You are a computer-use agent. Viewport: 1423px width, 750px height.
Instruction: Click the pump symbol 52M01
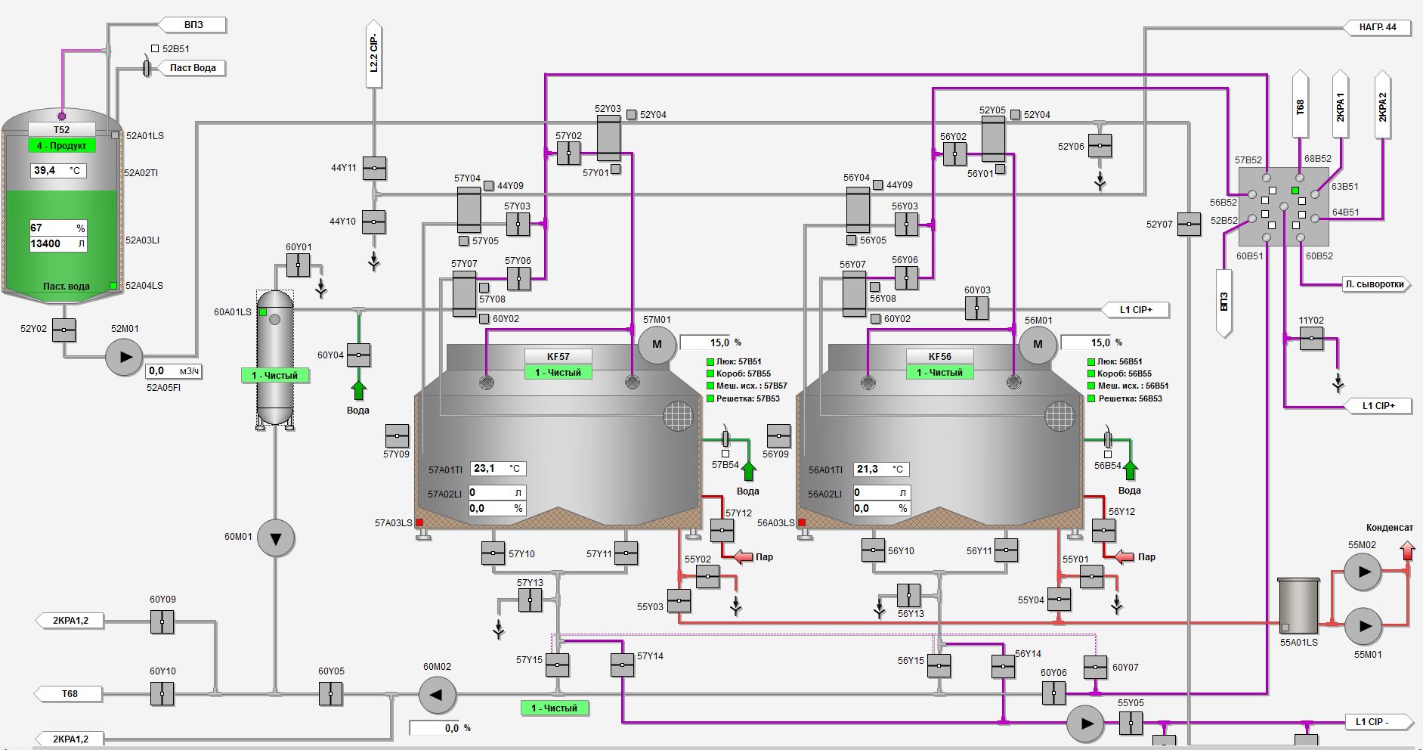(x=124, y=357)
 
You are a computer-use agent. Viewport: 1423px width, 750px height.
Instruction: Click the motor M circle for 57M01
(x=657, y=345)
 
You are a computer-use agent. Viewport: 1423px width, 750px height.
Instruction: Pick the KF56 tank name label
(x=939, y=356)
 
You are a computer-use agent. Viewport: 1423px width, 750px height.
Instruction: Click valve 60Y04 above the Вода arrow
(x=358, y=355)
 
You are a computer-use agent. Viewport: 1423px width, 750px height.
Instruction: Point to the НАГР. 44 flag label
(x=1378, y=27)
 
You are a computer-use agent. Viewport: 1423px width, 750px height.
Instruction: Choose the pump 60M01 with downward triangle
(x=276, y=538)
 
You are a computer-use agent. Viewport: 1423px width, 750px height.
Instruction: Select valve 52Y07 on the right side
(x=1189, y=224)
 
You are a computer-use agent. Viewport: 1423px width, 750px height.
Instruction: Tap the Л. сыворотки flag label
(x=1375, y=284)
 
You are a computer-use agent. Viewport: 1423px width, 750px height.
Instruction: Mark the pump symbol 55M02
(x=1362, y=572)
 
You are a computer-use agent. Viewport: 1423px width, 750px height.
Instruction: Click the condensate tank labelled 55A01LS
(x=1298, y=605)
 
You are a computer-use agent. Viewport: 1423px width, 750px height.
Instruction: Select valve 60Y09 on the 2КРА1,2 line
(x=162, y=622)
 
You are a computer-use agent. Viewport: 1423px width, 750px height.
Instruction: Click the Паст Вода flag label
(x=192, y=68)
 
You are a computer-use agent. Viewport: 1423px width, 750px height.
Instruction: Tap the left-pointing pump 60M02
(x=437, y=695)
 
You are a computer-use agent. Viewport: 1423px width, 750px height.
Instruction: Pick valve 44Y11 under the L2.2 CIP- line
(x=374, y=168)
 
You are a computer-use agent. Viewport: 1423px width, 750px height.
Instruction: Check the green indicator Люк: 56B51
(x=1091, y=362)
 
